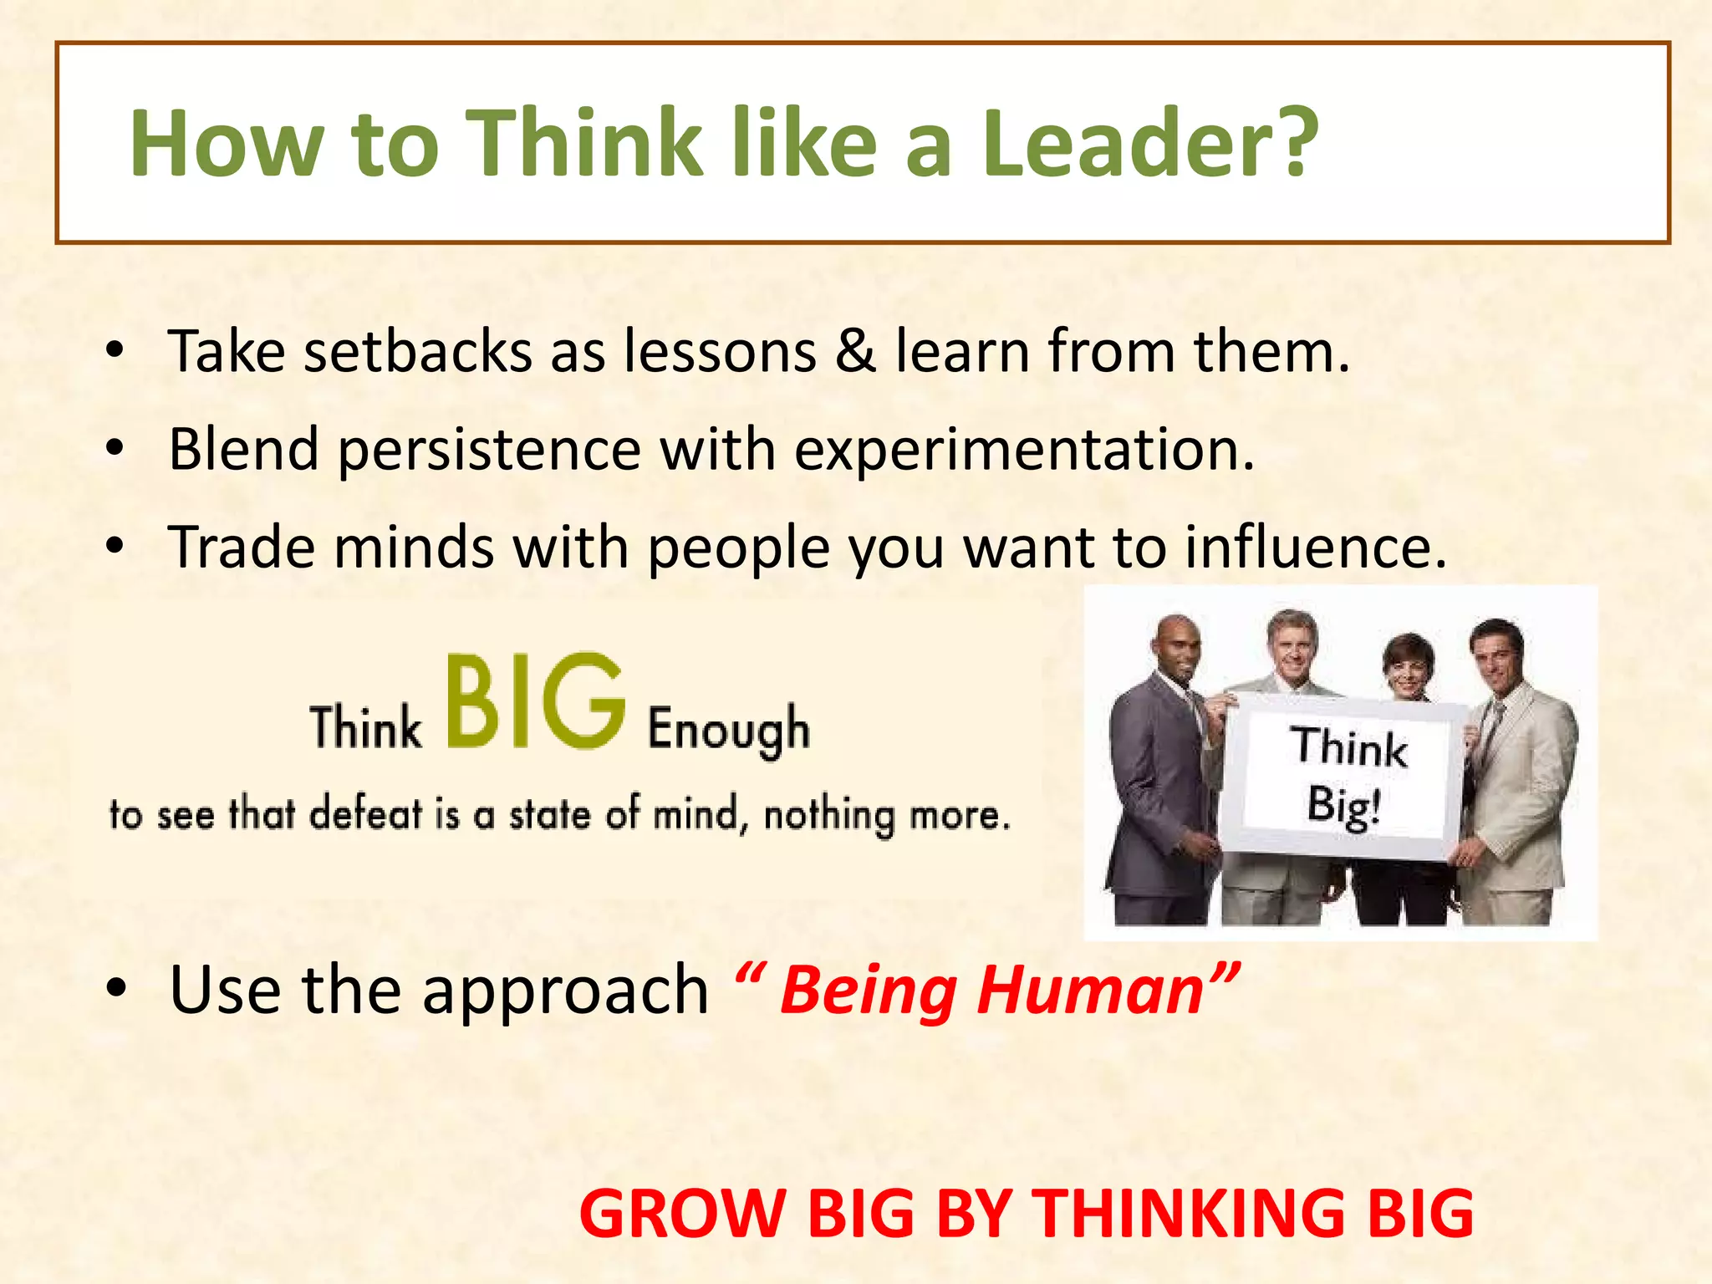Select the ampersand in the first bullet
pos(855,351)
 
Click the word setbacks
pos(418,351)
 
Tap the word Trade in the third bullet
pos(241,548)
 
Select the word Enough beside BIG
pos(728,730)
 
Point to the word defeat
pos(365,813)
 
